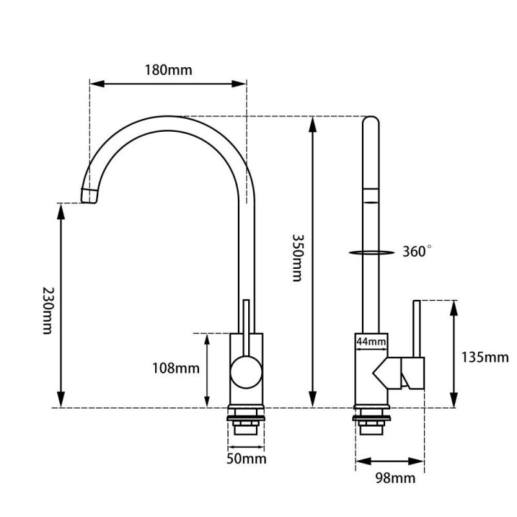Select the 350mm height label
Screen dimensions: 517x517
click(x=297, y=257)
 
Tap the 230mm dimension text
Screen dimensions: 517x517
click(x=46, y=310)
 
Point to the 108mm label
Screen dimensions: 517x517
click(x=176, y=368)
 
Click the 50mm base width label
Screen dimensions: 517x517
click(x=245, y=459)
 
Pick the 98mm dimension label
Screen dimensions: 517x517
click(x=395, y=478)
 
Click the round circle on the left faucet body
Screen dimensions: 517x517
click(x=246, y=373)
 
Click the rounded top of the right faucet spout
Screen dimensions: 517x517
click(x=370, y=120)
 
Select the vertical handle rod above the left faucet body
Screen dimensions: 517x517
click(x=246, y=317)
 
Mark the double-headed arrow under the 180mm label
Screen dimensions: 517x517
click(x=168, y=83)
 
